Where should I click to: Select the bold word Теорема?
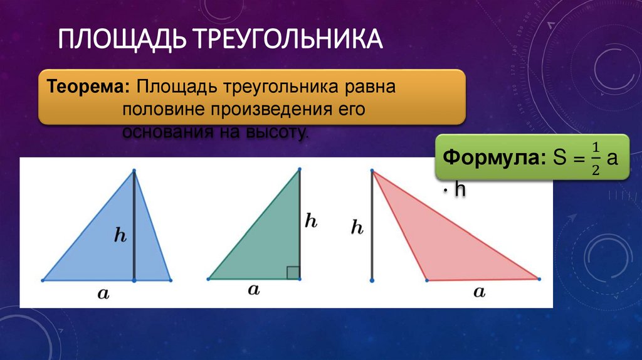tap(88, 85)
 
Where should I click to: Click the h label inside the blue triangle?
tap(120, 235)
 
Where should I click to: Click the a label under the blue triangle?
tap(103, 293)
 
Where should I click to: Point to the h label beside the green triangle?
tap(311, 220)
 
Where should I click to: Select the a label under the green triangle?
tap(254, 290)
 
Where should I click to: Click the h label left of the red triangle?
tap(357, 228)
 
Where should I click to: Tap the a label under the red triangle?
tap(480, 291)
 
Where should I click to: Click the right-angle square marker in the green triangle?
tap(293, 272)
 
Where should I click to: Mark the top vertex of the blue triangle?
tap(134, 169)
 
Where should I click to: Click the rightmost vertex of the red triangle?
tap(539, 278)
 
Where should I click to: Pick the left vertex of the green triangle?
tap(208, 278)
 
